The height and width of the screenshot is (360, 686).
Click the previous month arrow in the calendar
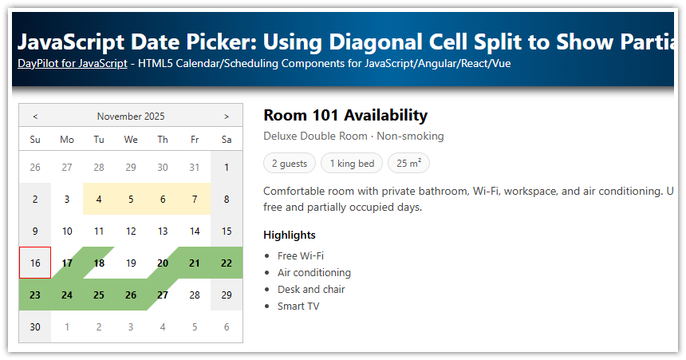[x=35, y=117]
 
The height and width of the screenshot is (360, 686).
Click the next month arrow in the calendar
[x=227, y=117]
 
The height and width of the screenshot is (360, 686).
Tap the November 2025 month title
[x=131, y=117]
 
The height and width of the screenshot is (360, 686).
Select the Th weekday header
[x=163, y=140]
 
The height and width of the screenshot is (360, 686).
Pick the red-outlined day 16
[x=35, y=263]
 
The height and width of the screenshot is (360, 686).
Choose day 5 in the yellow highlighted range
[x=131, y=199]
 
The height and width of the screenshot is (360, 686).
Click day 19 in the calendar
[x=131, y=263]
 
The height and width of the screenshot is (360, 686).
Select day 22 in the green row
[x=227, y=263]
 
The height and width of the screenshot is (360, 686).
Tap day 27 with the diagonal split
[x=163, y=295]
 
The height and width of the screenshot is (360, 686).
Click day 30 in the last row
[x=35, y=326]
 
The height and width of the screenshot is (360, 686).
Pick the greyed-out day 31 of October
[x=195, y=167]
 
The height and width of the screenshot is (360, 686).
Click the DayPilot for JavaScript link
[x=72, y=63]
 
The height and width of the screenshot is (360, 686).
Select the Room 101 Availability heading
[x=345, y=116]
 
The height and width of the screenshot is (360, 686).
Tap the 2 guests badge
[x=289, y=164]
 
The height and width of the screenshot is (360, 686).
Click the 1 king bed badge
[x=352, y=164]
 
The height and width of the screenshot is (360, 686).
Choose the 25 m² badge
[x=408, y=164]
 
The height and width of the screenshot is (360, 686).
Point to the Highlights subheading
[x=290, y=235]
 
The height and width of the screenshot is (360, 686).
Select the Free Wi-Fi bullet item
[x=301, y=255]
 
